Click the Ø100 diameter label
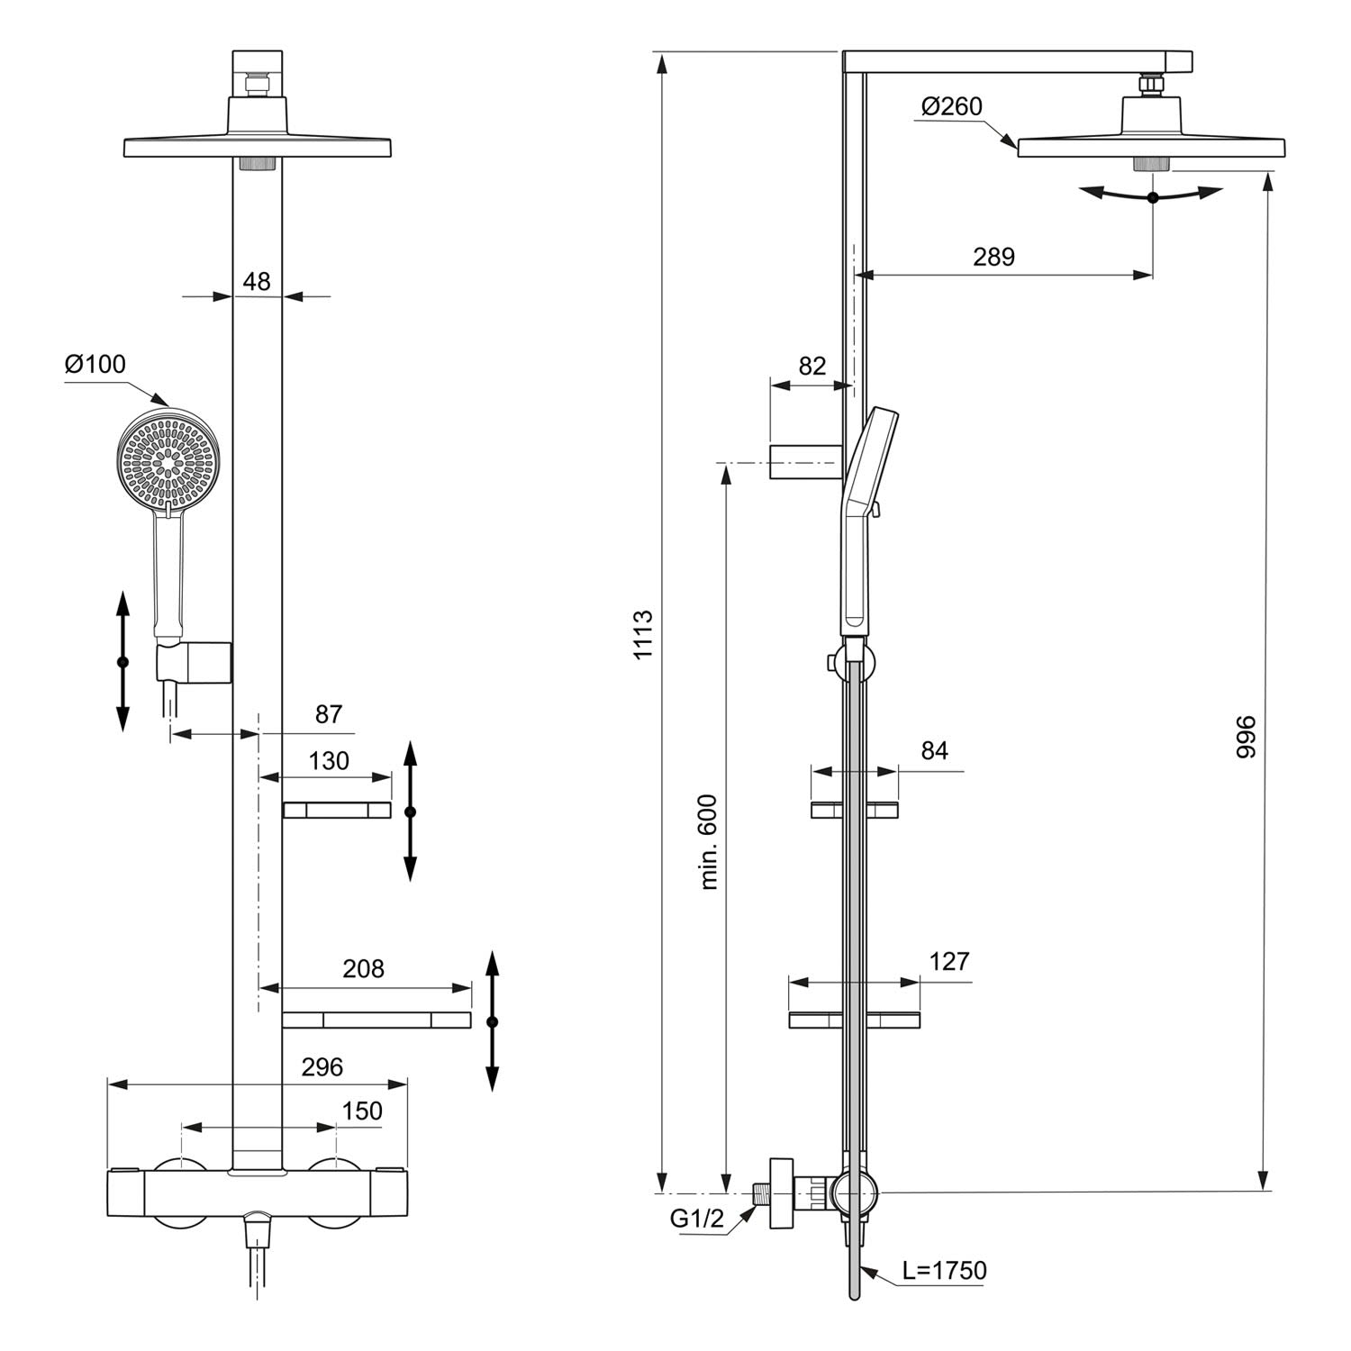tap(95, 365)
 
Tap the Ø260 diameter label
tap(952, 106)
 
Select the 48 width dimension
tap(257, 282)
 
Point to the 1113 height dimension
tap(642, 635)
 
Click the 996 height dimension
tap(1245, 737)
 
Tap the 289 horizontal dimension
tap(993, 257)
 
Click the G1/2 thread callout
tap(696, 1219)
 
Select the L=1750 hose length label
tap(945, 1271)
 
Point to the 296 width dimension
tap(322, 1067)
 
